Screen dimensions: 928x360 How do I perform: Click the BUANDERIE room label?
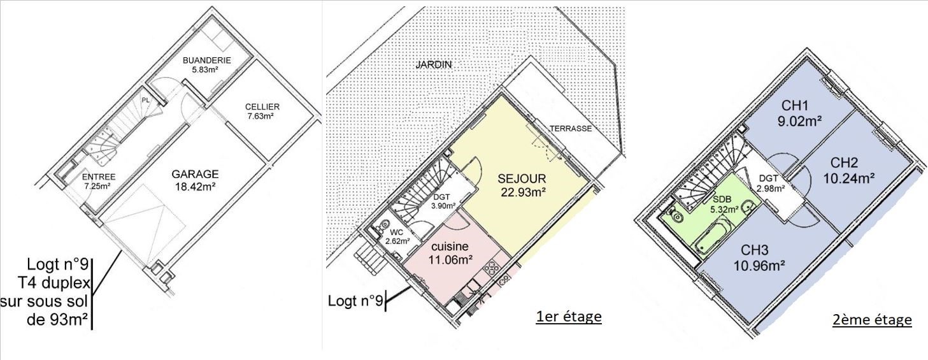(207, 60)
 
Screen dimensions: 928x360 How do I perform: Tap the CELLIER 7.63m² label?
(262, 112)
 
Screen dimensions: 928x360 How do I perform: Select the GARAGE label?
(195, 175)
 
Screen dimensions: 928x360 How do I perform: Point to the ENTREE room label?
(99, 177)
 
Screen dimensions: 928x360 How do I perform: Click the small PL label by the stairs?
(145, 100)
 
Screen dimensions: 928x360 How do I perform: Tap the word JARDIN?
(434, 64)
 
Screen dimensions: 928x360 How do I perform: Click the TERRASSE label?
(571, 129)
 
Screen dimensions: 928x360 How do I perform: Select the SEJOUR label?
(522, 179)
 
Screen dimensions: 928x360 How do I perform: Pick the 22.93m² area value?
(523, 192)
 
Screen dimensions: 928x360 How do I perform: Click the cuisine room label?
(450, 247)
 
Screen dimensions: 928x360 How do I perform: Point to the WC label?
(396, 233)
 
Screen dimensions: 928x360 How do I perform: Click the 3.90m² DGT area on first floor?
(444, 205)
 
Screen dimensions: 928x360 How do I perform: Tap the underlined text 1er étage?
(568, 317)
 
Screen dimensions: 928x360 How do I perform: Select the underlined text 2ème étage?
(872, 320)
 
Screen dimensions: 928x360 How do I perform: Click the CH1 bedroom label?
(795, 106)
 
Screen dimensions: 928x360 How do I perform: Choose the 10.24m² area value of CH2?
(849, 178)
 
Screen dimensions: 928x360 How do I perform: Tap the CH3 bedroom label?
(754, 250)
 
